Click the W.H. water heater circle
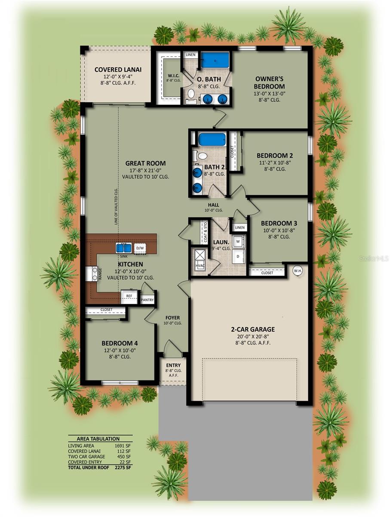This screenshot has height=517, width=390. point(297,271)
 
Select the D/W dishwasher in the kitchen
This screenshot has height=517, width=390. point(140,248)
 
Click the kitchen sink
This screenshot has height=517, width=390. point(123,248)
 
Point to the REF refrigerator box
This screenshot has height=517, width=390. point(129,297)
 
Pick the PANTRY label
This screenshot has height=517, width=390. point(147,300)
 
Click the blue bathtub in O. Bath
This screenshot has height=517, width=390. point(215,61)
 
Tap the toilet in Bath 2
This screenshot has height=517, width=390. point(200,156)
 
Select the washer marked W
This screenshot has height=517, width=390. point(239,241)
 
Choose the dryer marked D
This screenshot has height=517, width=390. point(239,256)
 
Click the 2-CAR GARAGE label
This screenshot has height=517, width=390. point(253,329)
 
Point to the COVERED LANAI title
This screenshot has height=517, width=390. point(118,70)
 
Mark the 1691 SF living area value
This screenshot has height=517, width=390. point(123,445)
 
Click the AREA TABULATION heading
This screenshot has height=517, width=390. point(98,439)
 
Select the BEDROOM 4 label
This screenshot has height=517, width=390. point(120,343)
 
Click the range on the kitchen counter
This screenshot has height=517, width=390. point(92,274)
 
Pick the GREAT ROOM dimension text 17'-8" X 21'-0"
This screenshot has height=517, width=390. point(145,170)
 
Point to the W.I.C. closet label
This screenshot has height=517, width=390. point(173,75)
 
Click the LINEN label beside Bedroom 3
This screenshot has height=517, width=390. point(240,227)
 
